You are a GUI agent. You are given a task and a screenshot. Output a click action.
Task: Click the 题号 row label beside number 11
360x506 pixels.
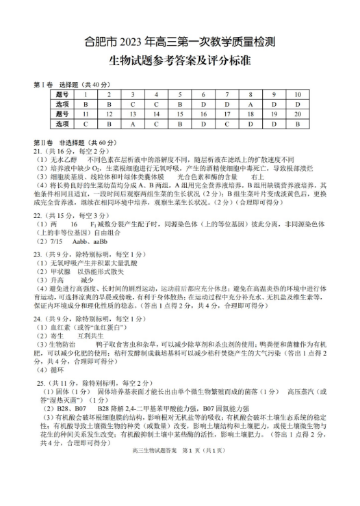62,114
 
